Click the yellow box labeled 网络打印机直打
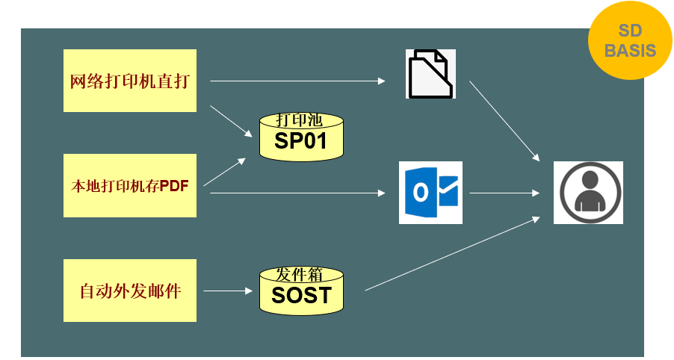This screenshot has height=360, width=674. point(130,81)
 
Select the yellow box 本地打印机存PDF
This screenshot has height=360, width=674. point(130,185)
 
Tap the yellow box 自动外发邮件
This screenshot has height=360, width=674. point(130,291)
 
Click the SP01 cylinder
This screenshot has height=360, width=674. point(301,137)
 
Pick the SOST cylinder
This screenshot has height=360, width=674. point(301,291)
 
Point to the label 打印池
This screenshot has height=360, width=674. point(299,120)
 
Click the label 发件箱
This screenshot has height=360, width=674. point(299,274)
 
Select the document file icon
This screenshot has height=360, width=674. point(430,74)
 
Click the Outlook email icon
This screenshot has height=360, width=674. point(430,193)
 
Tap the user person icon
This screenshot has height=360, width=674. point(588,193)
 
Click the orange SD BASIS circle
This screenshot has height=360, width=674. point(630,40)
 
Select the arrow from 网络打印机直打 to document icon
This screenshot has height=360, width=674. point(297,81)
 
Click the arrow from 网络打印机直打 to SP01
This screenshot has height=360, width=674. point(231,122)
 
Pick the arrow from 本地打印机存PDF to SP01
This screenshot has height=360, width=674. point(224,173)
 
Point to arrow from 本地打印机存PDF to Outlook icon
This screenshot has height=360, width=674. point(297,193)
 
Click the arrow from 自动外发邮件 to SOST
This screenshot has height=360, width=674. point(228,291)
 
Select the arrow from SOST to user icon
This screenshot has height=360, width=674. point(452,254)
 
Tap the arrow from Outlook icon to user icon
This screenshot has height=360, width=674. point(504,193)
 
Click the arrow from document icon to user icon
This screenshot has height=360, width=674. point(504,121)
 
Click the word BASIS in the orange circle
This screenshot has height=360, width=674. point(630,51)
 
